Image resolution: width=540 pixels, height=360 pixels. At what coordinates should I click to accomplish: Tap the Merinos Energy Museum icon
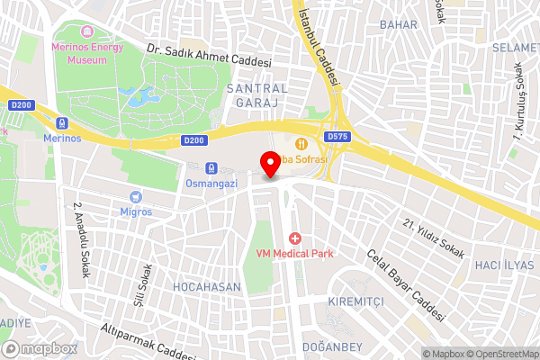(90, 44)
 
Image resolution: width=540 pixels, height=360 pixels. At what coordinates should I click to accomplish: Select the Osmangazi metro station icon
(210, 167)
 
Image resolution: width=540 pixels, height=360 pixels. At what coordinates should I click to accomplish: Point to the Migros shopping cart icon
(136, 196)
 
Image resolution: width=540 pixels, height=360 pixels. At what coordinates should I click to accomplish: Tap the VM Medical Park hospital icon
(293, 238)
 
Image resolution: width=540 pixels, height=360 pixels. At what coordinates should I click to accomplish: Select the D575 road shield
(337, 137)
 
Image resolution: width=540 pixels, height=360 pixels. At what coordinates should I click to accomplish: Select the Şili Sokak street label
(141, 285)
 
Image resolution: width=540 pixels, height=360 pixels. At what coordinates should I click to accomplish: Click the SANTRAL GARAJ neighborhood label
(257, 96)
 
